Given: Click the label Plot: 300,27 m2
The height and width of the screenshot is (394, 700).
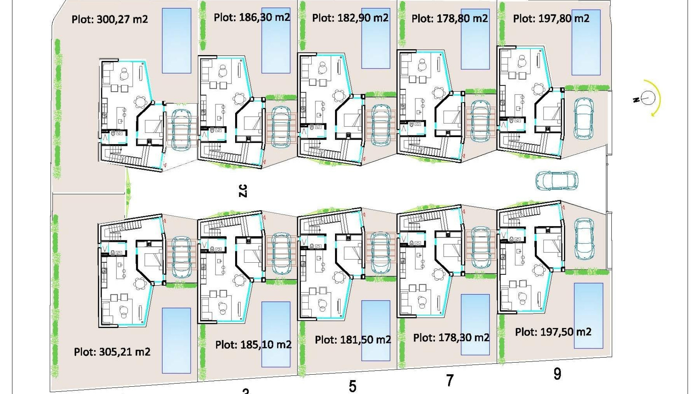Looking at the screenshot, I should coord(110,19).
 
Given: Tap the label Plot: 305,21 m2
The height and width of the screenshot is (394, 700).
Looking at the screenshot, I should coord(112,352).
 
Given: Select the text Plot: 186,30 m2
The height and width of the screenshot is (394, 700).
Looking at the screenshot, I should coord(252,17).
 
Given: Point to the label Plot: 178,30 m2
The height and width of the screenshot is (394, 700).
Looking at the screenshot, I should coord(451,338).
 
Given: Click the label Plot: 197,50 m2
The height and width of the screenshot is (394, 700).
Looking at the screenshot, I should coord(553,332).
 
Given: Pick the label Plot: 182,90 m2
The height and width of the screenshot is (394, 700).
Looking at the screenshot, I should coord(350,18).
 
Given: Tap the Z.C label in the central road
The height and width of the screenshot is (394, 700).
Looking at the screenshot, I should coord(243,191).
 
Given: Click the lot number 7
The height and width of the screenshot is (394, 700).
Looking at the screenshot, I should coord(450,381).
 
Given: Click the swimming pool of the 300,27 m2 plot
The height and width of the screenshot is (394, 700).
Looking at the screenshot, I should coord(176,40).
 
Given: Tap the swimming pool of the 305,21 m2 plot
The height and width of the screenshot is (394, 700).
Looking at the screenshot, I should coord(176,340).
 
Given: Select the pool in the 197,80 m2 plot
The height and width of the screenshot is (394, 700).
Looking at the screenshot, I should coord(586,42).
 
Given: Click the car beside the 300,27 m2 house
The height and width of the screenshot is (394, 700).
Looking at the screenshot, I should coord(181,130).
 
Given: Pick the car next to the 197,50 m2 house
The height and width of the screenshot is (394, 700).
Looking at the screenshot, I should coord(584,239).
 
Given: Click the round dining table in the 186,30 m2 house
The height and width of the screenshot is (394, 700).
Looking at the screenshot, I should coord(240,98).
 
